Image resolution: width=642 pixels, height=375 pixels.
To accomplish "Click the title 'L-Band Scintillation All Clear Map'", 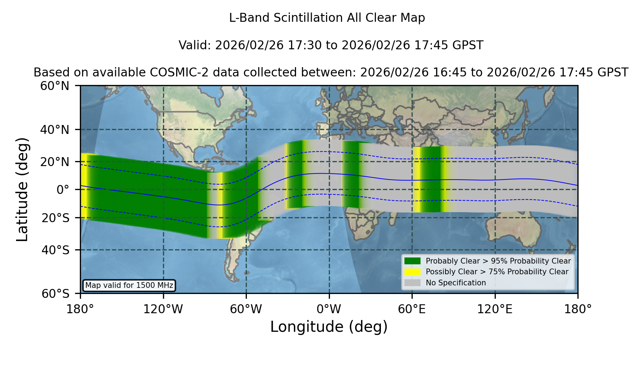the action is [x=327, y=17].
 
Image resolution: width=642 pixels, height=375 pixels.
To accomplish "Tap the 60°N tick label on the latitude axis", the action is [x=55, y=86].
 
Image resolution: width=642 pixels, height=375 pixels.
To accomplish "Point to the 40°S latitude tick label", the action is [x=55, y=250].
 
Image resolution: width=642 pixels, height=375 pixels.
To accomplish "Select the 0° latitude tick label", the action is [x=63, y=189].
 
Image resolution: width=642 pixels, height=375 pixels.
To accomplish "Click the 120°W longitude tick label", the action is [x=163, y=309].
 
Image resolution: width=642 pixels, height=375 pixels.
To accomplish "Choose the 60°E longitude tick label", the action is [x=412, y=309].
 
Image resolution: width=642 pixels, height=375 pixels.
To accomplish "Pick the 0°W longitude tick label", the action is [x=329, y=309].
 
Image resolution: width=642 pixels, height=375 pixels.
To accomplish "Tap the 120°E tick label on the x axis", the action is [x=495, y=309].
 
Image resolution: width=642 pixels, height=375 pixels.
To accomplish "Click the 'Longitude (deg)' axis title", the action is [x=329, y=327].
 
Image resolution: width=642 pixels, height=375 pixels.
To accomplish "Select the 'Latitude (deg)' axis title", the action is [x=22, y=189].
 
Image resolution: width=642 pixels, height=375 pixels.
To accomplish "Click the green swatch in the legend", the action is [x=412, y=261].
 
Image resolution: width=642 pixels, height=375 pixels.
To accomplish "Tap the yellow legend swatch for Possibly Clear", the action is [x=412, y=271].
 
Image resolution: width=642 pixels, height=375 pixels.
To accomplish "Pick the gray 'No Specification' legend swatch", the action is [x=412, y=282].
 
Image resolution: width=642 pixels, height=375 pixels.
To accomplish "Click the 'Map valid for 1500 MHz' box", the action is [x=129, y=285].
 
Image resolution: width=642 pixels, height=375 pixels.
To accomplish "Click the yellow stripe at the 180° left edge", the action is [x=84, y=185].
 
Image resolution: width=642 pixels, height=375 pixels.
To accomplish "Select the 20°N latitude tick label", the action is [x=55, y=162].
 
